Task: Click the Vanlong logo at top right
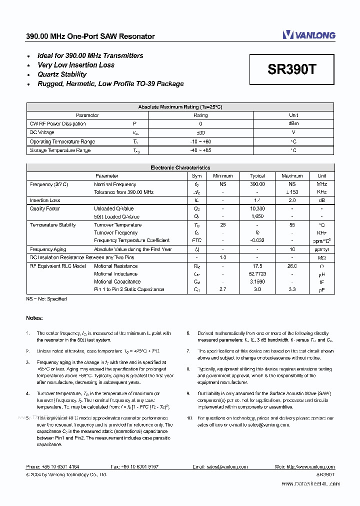tap(308, 34)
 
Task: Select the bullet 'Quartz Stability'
tap(62, 74)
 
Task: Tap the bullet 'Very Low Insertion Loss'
tap(75, 65)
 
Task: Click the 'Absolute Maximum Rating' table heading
tap(180, 107)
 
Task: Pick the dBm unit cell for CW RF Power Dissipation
tap(293, 123)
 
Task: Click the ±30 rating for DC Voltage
tap(200, 132)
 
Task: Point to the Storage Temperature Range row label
tap(60, 150)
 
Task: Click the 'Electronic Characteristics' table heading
tap(180, 168)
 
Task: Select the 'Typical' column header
tap(257, 176)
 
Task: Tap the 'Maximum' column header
tap(292, 176)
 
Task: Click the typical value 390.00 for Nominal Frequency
tap(257, 184)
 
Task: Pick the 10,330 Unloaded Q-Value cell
tap(257, 208)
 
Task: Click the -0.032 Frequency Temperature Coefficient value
tap(257, 240)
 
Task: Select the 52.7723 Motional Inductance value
tap(257, 274)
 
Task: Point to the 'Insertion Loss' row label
tap(45, 200)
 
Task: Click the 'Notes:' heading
tap(34, 318)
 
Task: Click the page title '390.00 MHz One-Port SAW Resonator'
tap(90, 36)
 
